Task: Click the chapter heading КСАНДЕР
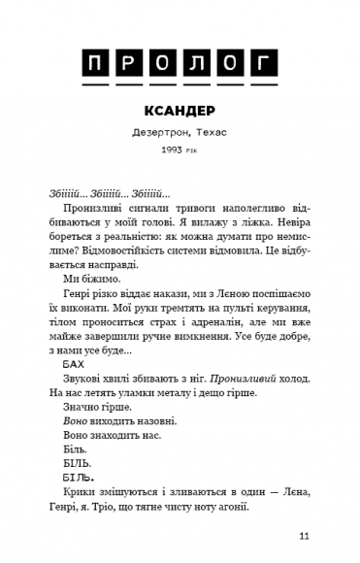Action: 180,110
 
